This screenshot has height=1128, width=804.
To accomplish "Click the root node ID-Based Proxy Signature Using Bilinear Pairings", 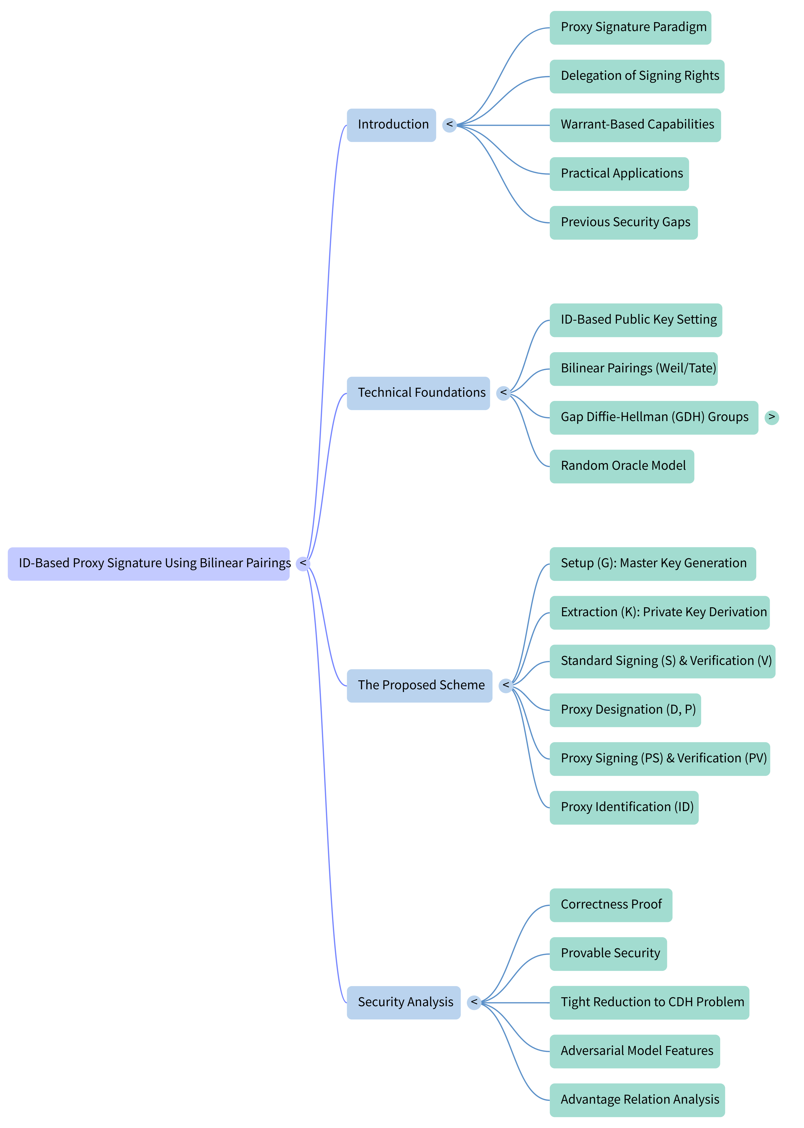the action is coord(148,564).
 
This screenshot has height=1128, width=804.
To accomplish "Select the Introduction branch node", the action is coord(391,125).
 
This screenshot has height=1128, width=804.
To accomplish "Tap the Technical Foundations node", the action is coord(418,393).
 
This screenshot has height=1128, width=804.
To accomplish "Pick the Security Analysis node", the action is coord(403,1003).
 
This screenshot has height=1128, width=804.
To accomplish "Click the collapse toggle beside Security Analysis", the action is coord(474,1003).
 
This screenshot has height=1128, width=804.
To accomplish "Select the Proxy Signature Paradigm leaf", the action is coord(630,28).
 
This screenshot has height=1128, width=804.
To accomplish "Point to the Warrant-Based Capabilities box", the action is coord(635,125).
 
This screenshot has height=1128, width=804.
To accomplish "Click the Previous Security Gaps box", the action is coord(624,223).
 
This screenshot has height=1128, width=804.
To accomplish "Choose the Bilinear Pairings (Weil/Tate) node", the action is coord(634,369).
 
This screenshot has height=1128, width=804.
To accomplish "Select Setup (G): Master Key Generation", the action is coord(653,564).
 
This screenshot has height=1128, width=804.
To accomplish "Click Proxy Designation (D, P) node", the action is coord(625,710).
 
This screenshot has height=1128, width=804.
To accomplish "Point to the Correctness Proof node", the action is coord(611,905).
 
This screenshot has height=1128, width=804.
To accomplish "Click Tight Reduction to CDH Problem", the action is coord(650,1003).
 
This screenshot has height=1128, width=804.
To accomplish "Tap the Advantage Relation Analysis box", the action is coord(637,1100).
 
